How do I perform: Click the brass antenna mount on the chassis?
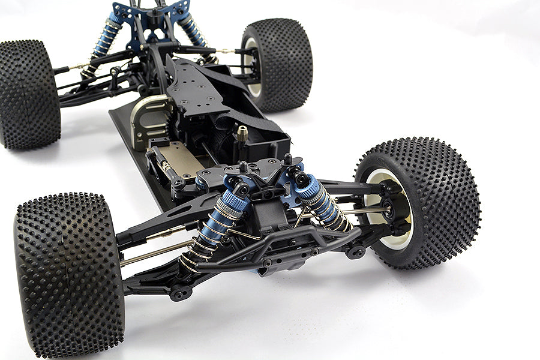click(242, 134)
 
